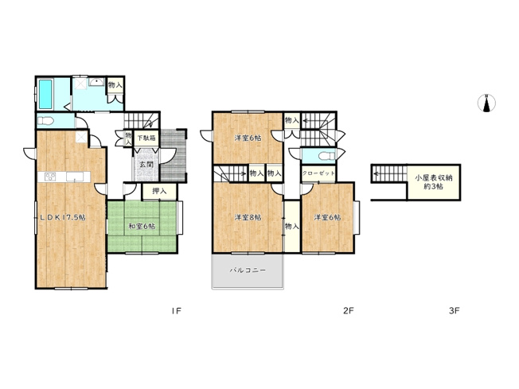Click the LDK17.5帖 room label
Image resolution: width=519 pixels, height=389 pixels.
point(64,217)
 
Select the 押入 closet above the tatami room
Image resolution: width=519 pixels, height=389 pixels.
point(159,191)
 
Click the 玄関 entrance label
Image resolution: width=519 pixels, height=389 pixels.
point(146,165)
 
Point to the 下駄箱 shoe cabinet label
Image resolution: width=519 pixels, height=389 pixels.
point(146,138)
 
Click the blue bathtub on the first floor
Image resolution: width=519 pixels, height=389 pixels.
point(45,95)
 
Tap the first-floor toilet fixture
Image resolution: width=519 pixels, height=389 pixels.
point(46,121)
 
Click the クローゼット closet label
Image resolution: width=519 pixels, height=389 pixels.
point(318,173)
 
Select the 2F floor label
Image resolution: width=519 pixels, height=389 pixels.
point(348,310)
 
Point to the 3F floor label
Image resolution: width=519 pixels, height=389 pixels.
point(454,310)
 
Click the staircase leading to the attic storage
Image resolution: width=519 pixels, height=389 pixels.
point(388,177)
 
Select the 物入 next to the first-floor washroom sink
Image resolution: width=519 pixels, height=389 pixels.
point(115,85)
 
